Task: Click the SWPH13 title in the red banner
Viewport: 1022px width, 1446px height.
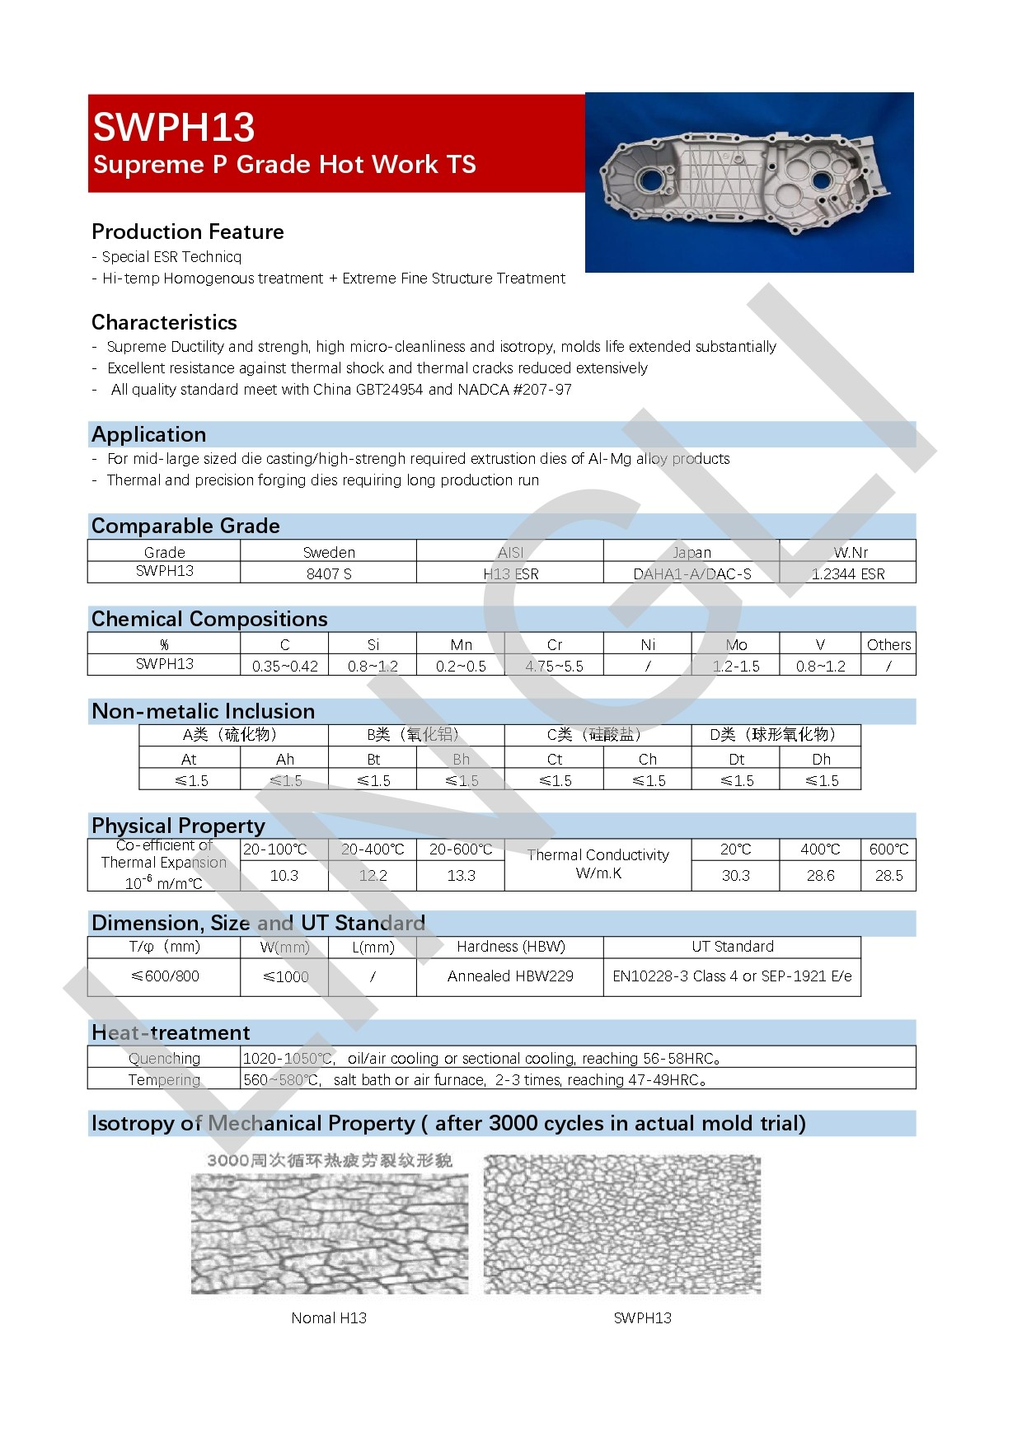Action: pyautogui.click(x=174, y=128)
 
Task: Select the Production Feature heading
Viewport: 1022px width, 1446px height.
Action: pyautogui.click(x=188, y=232)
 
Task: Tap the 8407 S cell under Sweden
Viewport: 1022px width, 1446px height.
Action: pyautogui.click(x=329, y=573)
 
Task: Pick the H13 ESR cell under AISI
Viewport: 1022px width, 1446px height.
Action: pyautogui.click(x=510, y=573)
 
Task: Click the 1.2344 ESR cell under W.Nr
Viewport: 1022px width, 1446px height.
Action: pyautogui.click(x=848, y=573)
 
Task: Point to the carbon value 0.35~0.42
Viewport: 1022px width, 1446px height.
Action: pyautogui.click(x=285, y=666)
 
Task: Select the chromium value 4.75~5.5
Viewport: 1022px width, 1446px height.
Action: pyautogui.click(x=554, y=666)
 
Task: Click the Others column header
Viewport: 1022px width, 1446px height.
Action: pyautogui.click(x=888, y=644)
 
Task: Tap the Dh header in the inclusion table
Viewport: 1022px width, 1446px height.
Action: pyautogui.click(x=821, y=759)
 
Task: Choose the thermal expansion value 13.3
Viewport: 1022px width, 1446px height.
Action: pyautogui.click(x=461, y=875)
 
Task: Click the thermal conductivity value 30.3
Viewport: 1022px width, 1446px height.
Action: pyautogui.click(x=735, y=875)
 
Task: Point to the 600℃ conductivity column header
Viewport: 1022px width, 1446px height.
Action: pyautogui.click(x=888, y=849)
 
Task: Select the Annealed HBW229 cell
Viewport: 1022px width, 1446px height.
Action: pyautogui.click(x=510, y=976)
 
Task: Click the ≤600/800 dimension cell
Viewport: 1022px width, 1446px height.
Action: pyautogui.click(x=165, y=976)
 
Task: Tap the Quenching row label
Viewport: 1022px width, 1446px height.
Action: pyautogui.click(x=164, y=1058)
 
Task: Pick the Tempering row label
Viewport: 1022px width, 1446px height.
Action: pyautogui.click(x=164, y=1079)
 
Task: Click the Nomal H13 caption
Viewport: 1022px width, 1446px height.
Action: pyautogui.click(x=329, y=1317)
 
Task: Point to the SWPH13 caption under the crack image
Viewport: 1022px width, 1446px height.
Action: pyautogui.click(x=642, y=1317)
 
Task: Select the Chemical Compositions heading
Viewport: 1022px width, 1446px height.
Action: pyautogui.click(x=209, y=619)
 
